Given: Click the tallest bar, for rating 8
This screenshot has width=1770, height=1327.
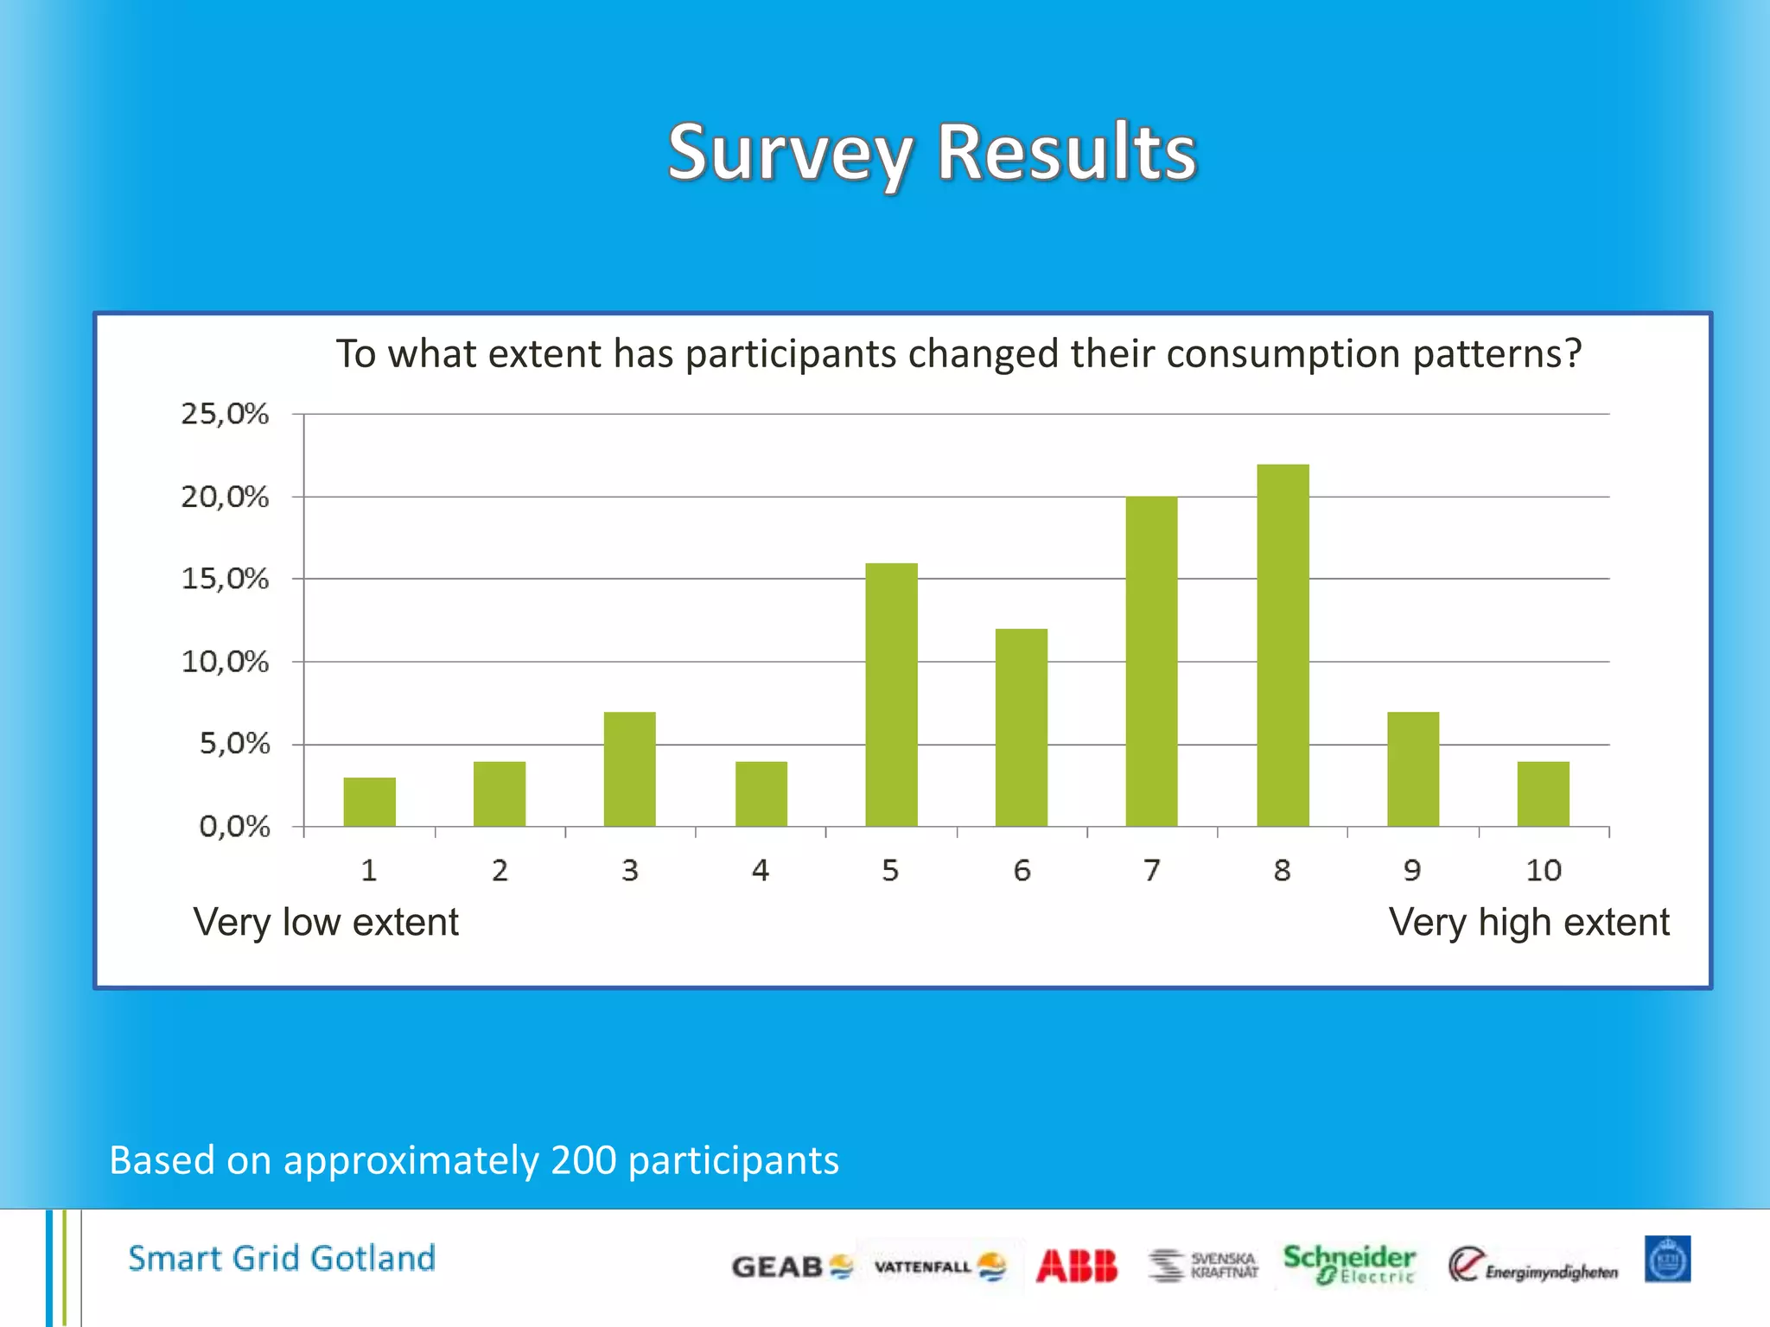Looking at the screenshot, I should click(1283, 645).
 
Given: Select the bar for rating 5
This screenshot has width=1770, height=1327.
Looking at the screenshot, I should click(891, 695).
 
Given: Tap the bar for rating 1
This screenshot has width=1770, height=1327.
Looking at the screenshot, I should click(369, 802).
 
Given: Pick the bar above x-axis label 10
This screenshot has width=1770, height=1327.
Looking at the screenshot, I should click(1543, 794).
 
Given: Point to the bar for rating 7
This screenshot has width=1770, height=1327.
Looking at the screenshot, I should click(1151, 662).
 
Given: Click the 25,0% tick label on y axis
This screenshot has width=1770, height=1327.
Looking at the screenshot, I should click(225, 414).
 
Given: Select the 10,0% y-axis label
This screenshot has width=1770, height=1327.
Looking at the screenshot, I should click(225, 662).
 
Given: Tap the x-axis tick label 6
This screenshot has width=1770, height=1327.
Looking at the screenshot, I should click(1022, 870).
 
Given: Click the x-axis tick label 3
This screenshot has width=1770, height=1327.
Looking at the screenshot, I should click(629, 870).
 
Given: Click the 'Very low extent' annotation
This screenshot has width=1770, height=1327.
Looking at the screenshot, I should click(326, 922).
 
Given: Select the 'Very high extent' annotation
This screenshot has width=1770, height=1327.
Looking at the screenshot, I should click(1528, 922).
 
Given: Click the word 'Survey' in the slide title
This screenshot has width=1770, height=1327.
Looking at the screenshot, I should click(790, 154).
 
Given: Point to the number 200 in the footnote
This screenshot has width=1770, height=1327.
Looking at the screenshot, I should click(583, 1159).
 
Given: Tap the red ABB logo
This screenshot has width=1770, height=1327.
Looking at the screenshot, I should click(1076, 1267).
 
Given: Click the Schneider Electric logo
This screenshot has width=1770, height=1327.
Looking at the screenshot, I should click(1348, 1264).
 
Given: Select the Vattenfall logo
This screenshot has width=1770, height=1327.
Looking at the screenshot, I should click(939, 1267).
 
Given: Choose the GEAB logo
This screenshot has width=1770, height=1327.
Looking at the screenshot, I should click(792, 1267).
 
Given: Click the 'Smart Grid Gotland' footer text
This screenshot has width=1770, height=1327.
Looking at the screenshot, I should click(282, 1258).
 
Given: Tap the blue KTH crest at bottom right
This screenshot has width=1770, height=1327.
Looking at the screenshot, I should click(1666, 1260).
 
